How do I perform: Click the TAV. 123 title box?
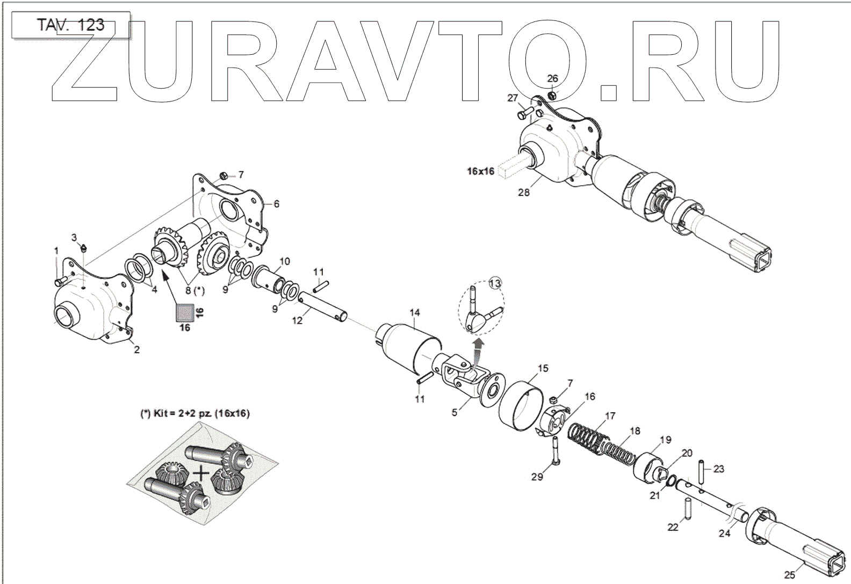[x=70, y=25]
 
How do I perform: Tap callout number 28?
[x=523, y=192]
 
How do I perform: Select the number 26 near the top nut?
[x=552, y=79]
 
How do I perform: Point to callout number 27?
[x=513, y=98]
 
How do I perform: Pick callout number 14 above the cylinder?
[x=415, y=312]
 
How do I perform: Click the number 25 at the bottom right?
[x=789, y=575]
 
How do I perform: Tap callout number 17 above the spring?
[x=610, y=416]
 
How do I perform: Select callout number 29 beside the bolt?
[x=537, y=477]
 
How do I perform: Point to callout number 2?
[x=137, y=349]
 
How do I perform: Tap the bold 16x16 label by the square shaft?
[x=480, y=171]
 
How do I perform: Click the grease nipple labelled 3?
[x=85, y=247]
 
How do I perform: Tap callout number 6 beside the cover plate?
[x=276, y=204]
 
